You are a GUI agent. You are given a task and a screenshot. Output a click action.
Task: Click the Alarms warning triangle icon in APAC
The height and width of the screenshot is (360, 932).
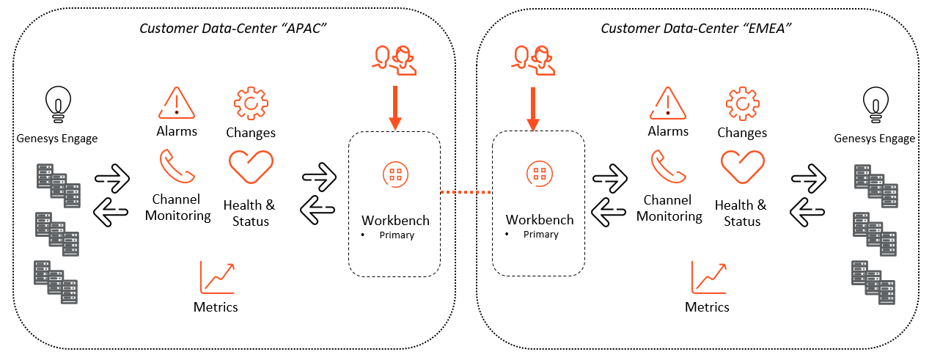(177, 103)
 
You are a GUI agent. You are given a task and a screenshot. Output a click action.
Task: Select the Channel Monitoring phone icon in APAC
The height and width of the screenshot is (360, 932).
(177, 166)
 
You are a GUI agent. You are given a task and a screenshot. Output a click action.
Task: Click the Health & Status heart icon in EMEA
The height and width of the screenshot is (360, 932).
(742, 167)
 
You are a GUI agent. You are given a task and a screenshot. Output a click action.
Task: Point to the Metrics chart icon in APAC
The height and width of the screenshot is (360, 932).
(216, 277)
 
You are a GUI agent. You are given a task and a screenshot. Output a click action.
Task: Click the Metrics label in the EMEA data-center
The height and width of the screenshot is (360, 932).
(707, 306)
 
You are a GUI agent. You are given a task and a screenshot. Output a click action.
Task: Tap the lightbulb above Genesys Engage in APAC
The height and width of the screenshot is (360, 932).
(57, 103)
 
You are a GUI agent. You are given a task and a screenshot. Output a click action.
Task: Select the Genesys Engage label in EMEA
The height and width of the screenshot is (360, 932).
(874, 139)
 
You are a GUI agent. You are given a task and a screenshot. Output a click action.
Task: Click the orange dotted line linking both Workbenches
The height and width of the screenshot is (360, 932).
(466, 193)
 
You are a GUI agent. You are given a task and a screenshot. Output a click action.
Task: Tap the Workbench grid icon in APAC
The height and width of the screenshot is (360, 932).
(395, 174)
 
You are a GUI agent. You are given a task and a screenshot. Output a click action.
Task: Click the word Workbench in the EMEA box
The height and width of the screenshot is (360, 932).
(540, 220)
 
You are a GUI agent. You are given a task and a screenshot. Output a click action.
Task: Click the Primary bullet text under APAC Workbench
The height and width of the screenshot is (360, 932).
(397, 235)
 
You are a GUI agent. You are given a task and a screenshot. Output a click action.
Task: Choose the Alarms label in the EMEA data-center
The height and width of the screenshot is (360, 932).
(668, 131)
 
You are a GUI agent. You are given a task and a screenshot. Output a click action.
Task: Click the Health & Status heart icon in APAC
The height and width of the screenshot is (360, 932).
(251, 167)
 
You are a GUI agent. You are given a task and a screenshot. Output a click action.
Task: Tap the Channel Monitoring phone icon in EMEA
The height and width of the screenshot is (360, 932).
(668, 166)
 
